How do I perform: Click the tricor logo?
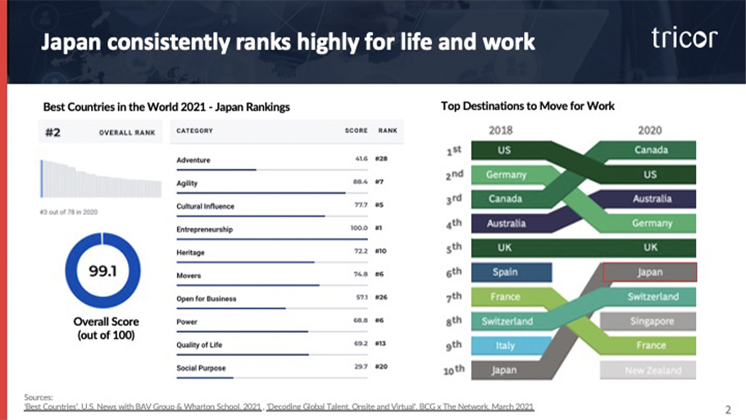tap(685, 38)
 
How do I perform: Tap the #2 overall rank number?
tap(52, 131)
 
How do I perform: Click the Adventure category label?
tap(193, 160)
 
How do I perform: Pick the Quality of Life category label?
tap(199, 345)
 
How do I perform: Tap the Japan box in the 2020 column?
tap(649, 272)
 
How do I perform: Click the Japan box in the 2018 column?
tap(504, 370)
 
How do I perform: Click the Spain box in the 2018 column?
tap(505, 272)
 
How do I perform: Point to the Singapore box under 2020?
tap(649, 321)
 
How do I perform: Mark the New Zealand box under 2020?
tap(649, 370)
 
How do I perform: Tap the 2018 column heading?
tap(501, 130)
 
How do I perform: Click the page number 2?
tap(728, 408)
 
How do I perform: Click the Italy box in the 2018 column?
tap(505, 345)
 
